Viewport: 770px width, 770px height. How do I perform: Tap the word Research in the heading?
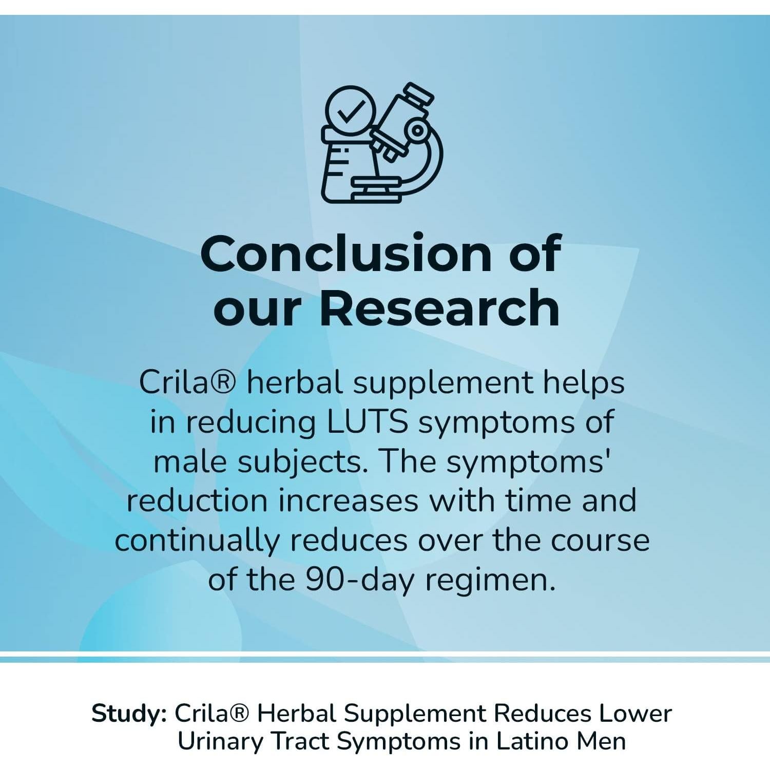click(439, 308)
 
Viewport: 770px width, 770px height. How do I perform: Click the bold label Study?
click(129, 714)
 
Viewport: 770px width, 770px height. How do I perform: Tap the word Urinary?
click(220, 742)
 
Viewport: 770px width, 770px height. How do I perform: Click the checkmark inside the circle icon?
click(351, 111)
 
